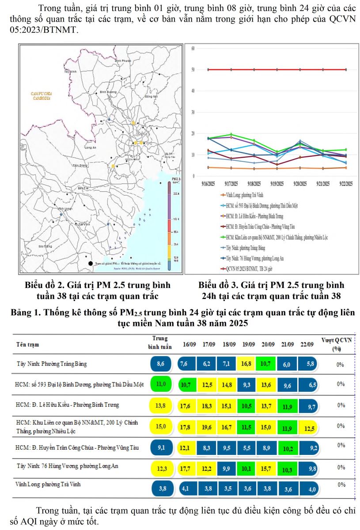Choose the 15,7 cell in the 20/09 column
tap(265, 468)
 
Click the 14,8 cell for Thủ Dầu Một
tap(227, 385)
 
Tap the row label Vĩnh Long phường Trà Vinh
tap(49, 484)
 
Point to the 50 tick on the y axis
tap(193, 70)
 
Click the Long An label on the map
tap(90, 148)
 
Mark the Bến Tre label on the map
tap(83, 188)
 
